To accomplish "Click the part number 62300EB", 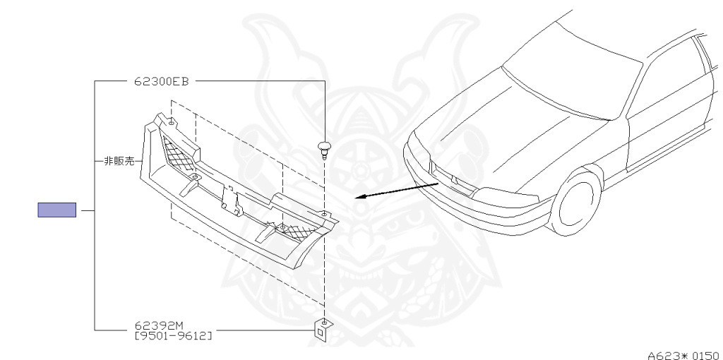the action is tap(161, 81).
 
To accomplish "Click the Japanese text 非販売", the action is tap(119, 161).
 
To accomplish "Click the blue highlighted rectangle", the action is tap(56, 210).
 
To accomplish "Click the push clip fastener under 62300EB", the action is tap(324, 149).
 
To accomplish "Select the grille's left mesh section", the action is tap(177, 157).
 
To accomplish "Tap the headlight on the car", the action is tap(505, 191).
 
